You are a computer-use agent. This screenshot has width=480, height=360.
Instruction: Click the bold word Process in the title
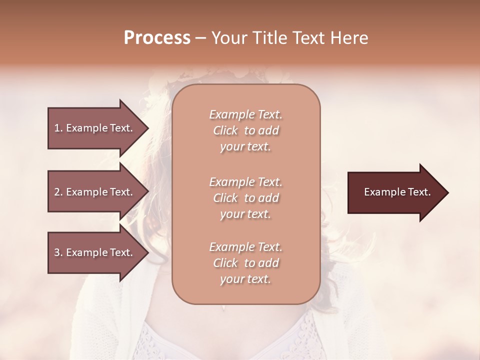coord(157,38)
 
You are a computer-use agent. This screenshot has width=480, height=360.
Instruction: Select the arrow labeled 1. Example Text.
coord(95,128)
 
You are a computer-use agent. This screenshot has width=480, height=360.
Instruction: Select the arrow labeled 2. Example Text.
coord(95,192)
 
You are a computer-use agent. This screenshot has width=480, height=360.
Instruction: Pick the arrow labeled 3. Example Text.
coord(95,252)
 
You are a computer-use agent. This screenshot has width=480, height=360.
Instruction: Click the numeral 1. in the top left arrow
coord(58,128)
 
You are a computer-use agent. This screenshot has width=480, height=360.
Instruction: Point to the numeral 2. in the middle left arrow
coord(58,192)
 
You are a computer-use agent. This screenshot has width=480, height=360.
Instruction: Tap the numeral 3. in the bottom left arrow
coord(58,252)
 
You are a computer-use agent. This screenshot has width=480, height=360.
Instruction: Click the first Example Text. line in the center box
coord(245,114)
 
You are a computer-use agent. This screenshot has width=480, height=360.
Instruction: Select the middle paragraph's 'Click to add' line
coord(245,198)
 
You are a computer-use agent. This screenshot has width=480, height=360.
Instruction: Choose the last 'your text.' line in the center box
coord(245,279)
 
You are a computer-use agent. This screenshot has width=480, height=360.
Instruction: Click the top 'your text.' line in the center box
coord(245,147)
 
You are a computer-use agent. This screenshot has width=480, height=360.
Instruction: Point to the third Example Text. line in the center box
coord(245,247)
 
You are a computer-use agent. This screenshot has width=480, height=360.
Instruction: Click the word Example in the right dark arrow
coord(381,192)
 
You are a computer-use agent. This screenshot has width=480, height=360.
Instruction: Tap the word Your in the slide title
coord(230,38)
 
